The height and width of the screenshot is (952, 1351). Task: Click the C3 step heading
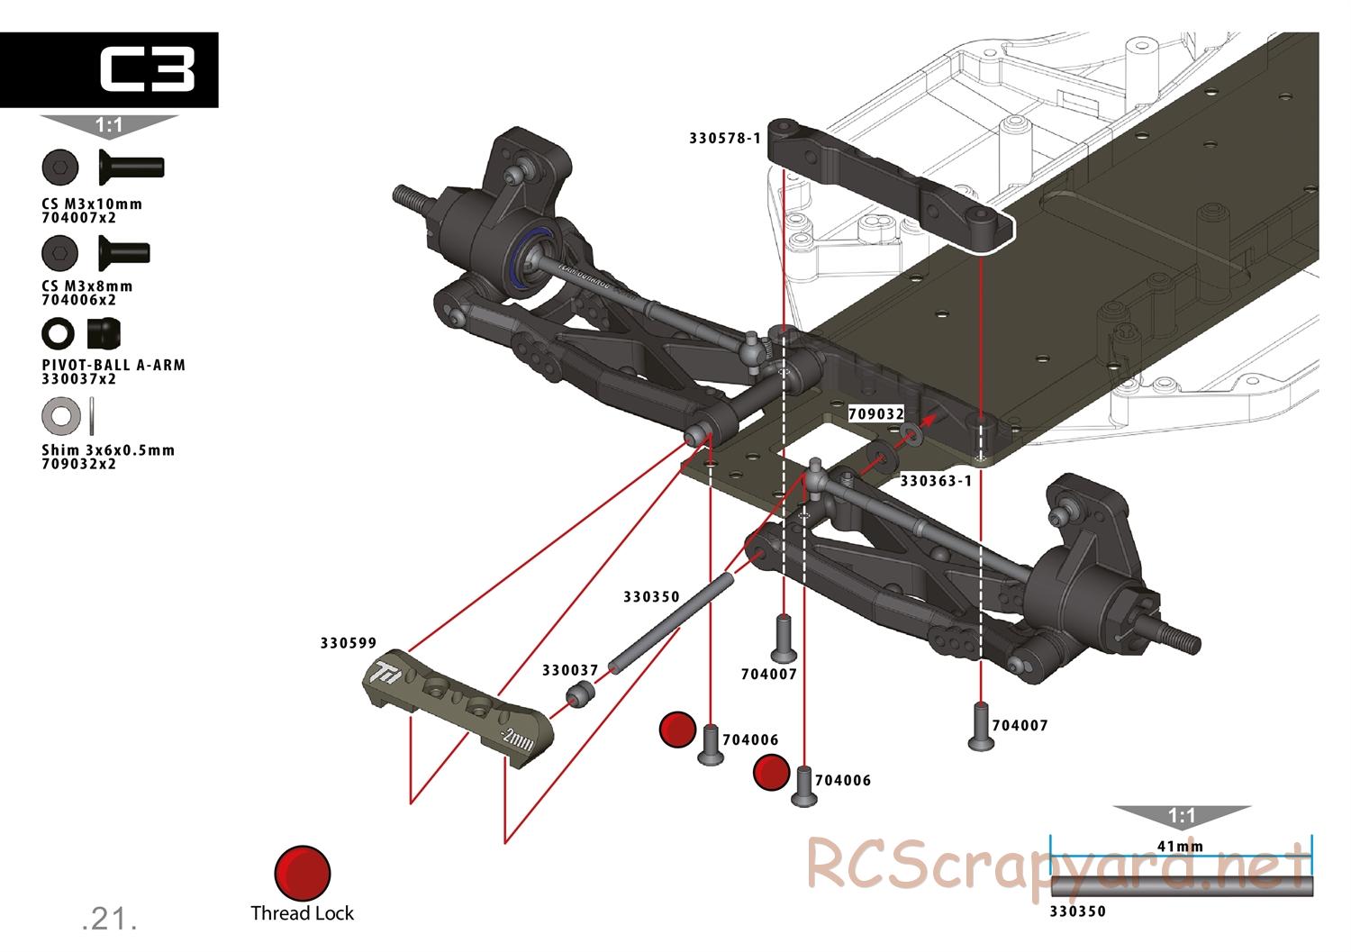pyautogui.click(x=146, y=70)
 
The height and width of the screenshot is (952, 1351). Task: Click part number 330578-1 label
pyautogui.click(x=725, y=139)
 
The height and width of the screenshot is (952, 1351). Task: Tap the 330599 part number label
pyautogui.click(x=349, y=643)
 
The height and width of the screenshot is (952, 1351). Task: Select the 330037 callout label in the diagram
pyautogui.click(x=570, y=670)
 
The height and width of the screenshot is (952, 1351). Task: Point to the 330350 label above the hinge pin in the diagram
pyautogui.click(x=651, y=596)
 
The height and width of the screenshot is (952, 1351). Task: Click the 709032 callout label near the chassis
pyautogui.click(x=876, y=414)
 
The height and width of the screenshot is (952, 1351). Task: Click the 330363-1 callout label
pyautogui.click(x=937, y=481)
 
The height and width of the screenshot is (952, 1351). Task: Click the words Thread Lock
pyautogui.click(x=303, y=913)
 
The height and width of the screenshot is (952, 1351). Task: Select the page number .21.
pyautogui.click(x=109, y=919)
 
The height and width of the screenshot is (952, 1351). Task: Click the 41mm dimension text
pyautogui.click(x=1181, y=846)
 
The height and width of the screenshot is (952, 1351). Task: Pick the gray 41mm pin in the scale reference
pyautogui.click(x=1181, y=886)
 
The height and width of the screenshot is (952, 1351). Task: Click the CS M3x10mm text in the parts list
pyautogui.click(x=92, y=204)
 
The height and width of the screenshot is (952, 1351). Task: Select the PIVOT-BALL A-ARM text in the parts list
pyautogui.click(x=113, y=365)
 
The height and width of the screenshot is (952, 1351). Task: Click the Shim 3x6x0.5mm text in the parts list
pyautogui.click(x=108, y=449)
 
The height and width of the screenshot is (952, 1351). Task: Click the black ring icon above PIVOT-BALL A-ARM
pyautogui.click(x=59, y=334)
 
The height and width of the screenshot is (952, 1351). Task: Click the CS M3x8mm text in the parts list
pyautogui.click(x=87, y=286)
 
